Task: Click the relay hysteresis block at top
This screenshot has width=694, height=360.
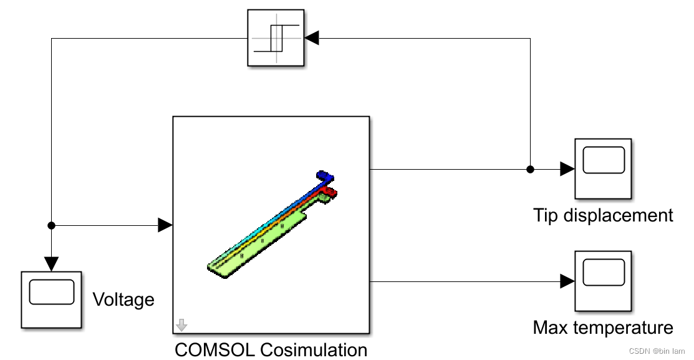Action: click(276, 37)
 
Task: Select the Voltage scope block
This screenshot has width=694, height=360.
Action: click(52, 299)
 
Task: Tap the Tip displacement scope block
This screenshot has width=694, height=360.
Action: click(603, 168)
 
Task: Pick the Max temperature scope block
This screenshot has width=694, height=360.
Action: click(603, 281)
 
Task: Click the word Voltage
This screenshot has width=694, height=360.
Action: click(123, 300)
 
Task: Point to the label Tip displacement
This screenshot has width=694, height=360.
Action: click(603, 216)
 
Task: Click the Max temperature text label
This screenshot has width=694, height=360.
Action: click(603, 328)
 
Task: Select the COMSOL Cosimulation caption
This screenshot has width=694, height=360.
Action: click(271, 349)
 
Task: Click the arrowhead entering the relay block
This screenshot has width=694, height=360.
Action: click(312, 38)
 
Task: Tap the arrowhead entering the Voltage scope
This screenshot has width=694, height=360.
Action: click(52, 264)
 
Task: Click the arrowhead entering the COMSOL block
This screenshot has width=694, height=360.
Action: click(165, 225)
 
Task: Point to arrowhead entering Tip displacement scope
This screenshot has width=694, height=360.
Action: click(567, 169)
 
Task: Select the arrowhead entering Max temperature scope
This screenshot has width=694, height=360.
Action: click(567, 281)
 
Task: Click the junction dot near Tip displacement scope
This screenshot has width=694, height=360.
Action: click(530, 169)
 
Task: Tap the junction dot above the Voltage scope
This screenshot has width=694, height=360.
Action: click(52, 225)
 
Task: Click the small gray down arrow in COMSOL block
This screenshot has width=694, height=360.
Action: click(181, 325)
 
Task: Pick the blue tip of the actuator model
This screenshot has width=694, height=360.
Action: click(324, 175)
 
